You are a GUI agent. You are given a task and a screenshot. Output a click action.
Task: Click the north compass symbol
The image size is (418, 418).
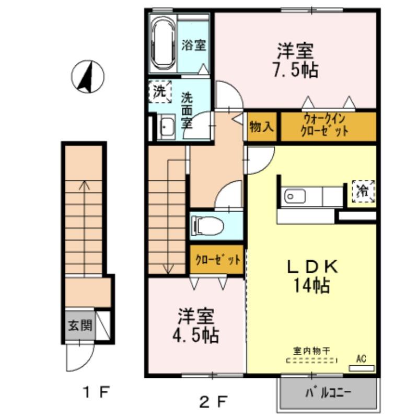coord(87,76)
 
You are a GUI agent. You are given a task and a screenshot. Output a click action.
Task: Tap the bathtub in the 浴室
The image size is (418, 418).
coord(162,44)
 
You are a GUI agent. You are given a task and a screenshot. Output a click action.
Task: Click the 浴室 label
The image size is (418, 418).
coord(193,45)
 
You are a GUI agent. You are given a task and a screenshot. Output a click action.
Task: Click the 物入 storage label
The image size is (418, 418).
coord(262,127)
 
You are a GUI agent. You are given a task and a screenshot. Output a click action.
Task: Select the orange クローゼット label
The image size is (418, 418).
coord(217,260)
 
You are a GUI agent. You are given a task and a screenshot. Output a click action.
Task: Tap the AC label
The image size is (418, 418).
coord(361,359)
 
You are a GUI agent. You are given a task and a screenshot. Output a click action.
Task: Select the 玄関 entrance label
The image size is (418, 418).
coord(80,326)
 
